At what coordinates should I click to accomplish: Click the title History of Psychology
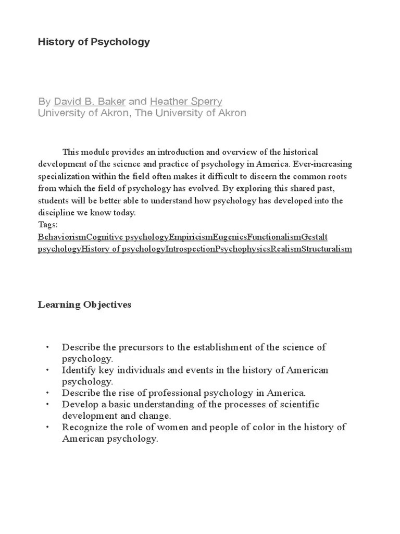[x=94, y=42]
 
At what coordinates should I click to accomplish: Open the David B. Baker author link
[x=90, y=101]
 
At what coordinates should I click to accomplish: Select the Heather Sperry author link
[x=186, y=101]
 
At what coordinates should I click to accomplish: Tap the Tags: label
[x=48, y=225]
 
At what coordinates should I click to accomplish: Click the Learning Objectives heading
[x=84, y=305]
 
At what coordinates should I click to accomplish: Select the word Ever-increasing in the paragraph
[x=326, y=164]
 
